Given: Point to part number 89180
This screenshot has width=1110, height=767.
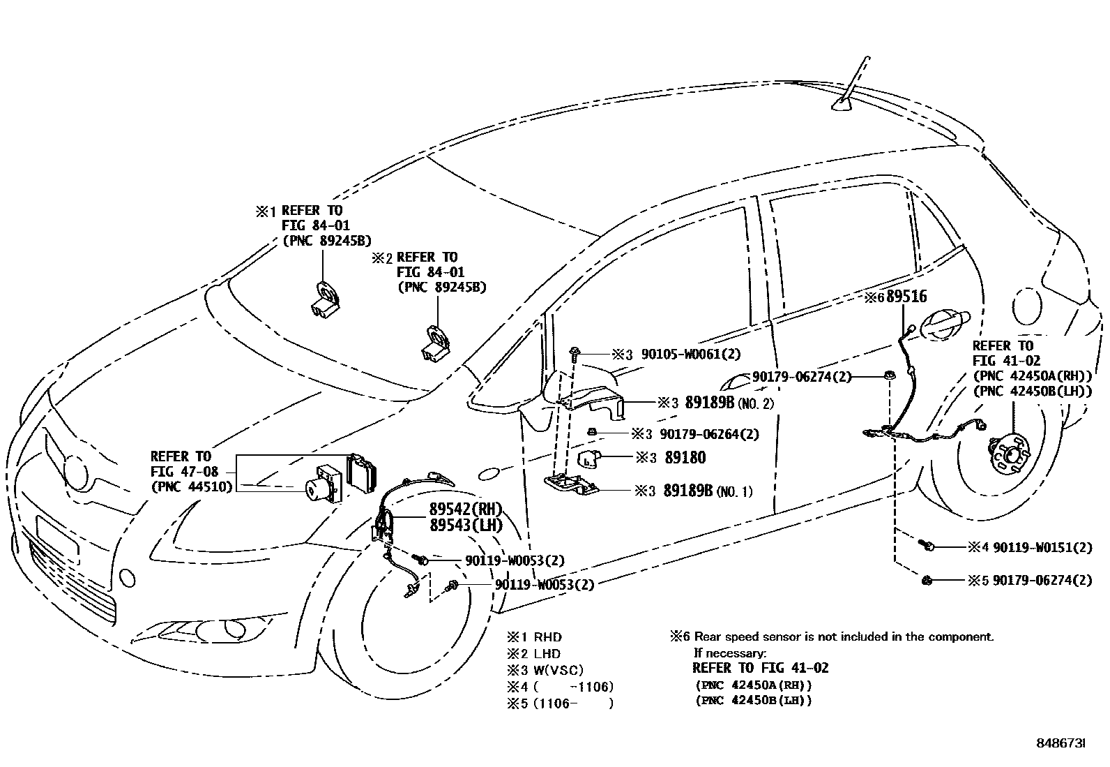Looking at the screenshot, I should [x=685, y=458].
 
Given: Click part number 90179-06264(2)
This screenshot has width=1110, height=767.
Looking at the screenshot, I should [x=709, y=434].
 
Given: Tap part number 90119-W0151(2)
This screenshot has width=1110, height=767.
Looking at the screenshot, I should [x=1042, y=548].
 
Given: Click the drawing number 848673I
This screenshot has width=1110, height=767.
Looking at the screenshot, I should [x=1060, y=744].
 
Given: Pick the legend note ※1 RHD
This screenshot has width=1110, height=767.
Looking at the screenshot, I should [x=534, y=636].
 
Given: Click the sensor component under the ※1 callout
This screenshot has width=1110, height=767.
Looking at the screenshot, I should [x=326, y=300].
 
